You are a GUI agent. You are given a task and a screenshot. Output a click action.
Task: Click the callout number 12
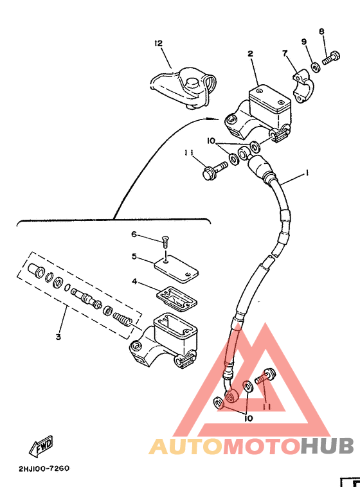[x=159, y=43]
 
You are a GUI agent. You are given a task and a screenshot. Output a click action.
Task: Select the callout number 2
[x=250, y=54]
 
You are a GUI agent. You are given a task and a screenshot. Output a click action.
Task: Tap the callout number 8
[x=321, y=31]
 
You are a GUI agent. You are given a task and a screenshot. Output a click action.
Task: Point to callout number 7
[x=285, y=53]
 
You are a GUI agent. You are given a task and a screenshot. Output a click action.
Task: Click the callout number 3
[x=58, y=337]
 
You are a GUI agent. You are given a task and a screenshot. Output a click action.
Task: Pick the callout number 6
[x=134, y=234]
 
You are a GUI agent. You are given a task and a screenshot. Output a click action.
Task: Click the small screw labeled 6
[x=165, y=242]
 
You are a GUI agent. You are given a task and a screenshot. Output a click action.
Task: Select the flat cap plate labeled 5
[x=176, y=268]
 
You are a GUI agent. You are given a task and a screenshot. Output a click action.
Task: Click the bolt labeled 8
[x=331, y=58]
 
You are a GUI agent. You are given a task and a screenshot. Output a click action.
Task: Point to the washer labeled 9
[x=315, y=67]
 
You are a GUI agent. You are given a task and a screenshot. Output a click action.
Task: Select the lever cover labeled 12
[x=183, y=89]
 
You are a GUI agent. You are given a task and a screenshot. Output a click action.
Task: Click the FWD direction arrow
[x=41, y=446]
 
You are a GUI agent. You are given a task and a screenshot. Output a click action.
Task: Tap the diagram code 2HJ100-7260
[x=44, y=468]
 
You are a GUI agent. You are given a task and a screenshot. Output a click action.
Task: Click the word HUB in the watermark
[x=327, y=447]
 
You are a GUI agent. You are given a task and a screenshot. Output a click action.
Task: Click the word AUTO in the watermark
[x=186, y=447]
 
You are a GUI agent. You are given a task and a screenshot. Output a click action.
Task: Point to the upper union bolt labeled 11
[x=215, y=169]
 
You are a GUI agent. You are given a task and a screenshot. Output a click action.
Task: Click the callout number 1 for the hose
[x=307, y=173]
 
